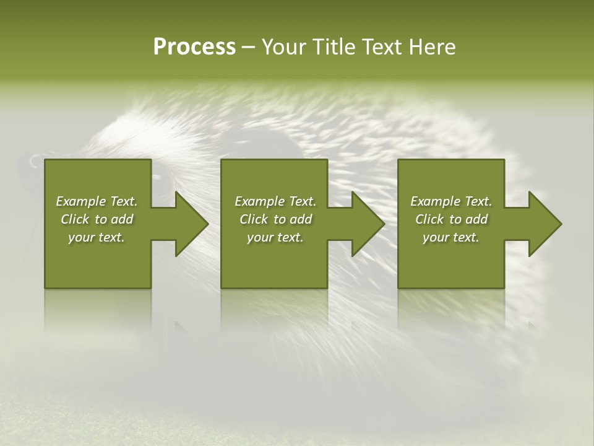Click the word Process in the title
194,47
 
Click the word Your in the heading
285,47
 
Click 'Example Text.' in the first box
97,201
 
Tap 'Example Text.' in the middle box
275,201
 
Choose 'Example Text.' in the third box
451,201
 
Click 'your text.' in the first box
97,237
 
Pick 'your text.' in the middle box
275,237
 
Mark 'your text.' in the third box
451,237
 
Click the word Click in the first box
75,219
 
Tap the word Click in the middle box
254,219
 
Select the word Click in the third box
429,219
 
